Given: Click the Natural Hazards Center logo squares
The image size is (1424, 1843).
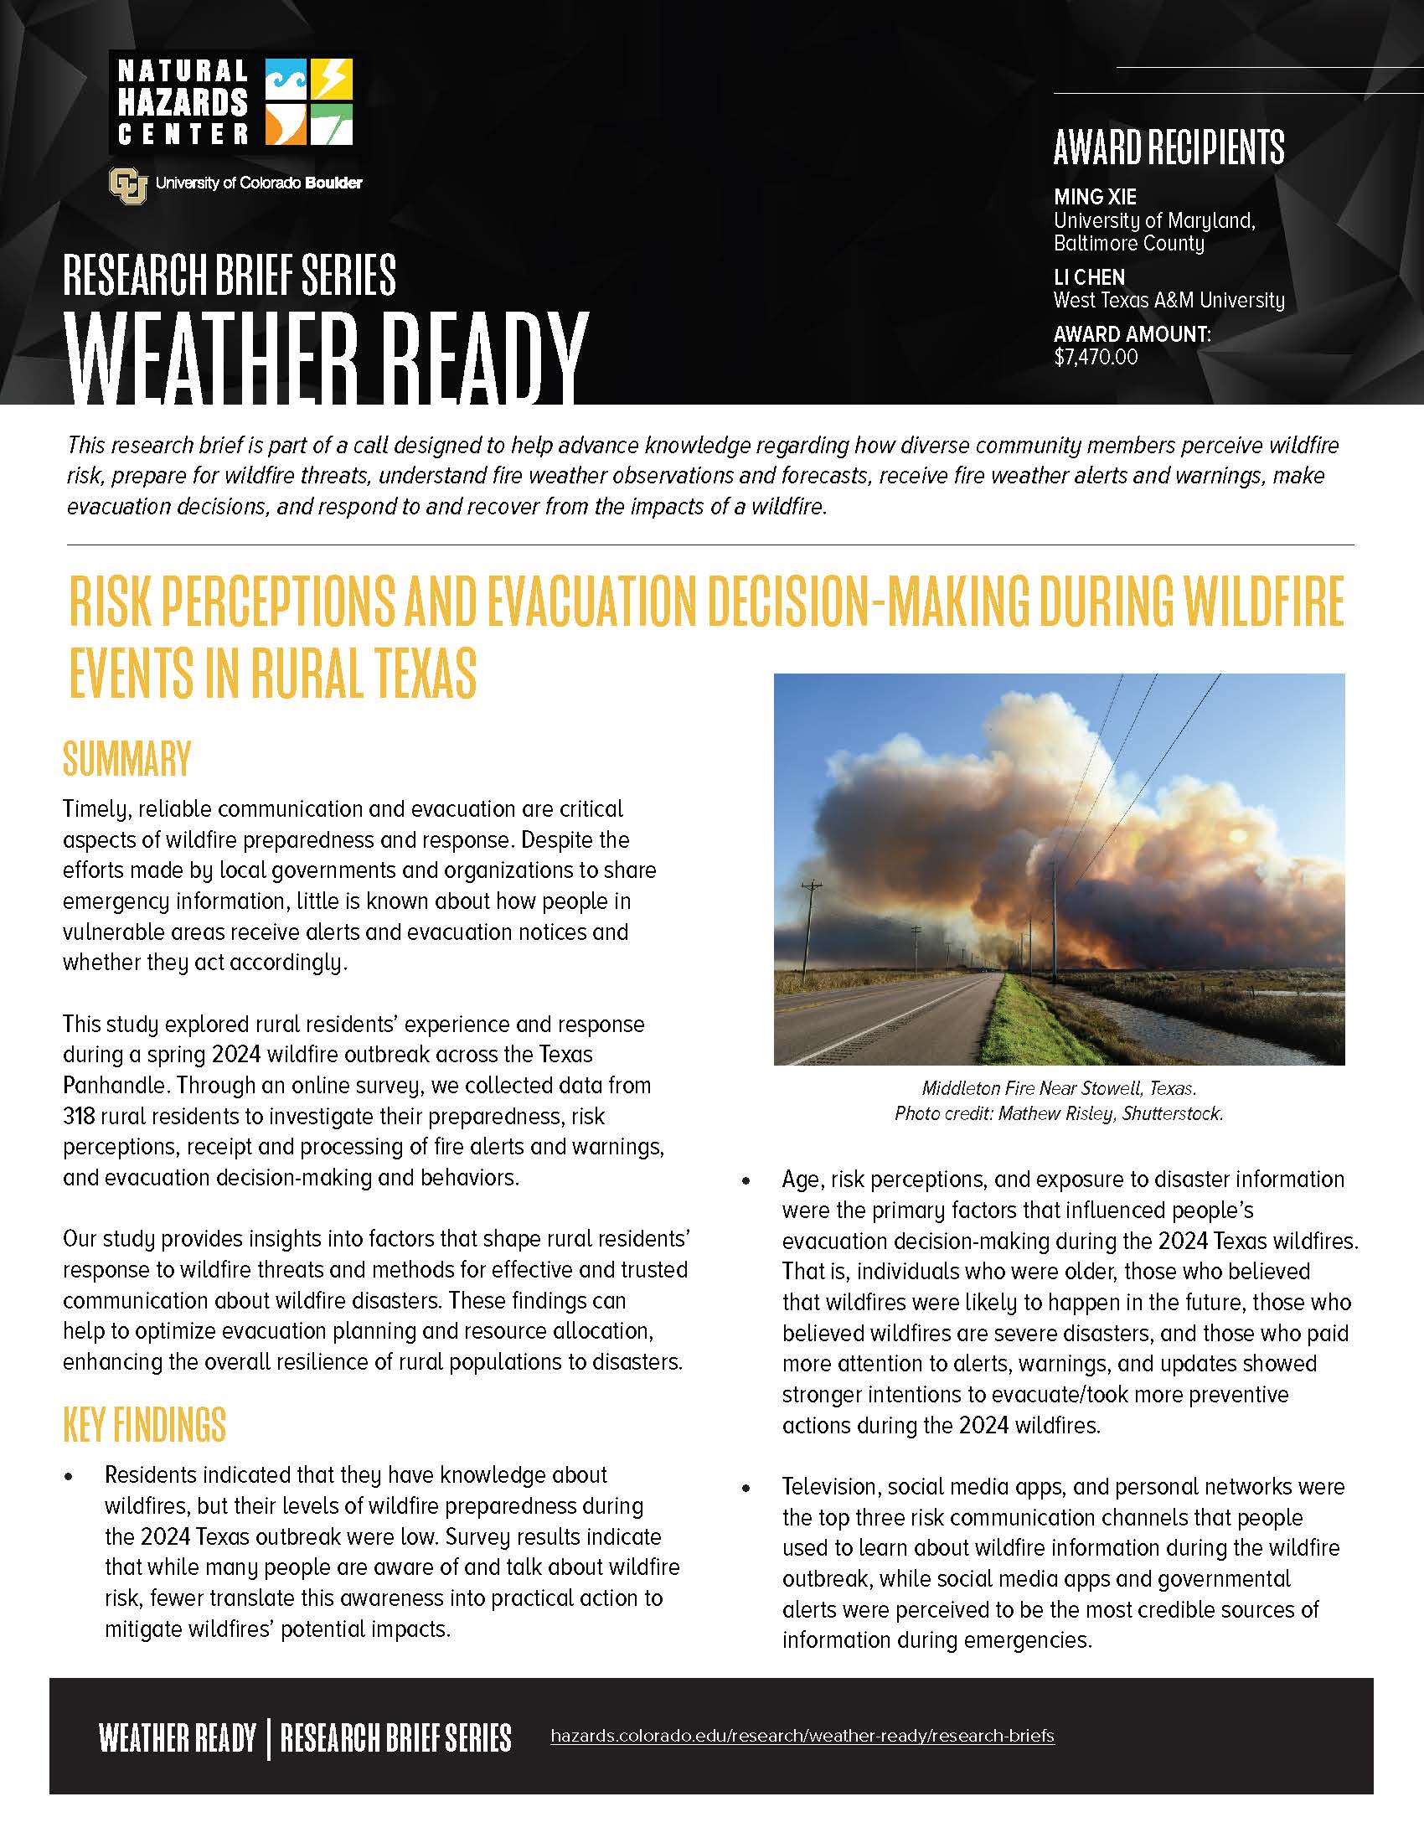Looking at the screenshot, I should (x=309, y=101).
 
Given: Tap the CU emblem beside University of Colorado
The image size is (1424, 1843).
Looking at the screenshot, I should (x=128, y=183).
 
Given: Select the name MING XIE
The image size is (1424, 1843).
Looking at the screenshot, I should (x=1095, y=197).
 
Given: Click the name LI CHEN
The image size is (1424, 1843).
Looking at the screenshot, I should (x=1089, y=276).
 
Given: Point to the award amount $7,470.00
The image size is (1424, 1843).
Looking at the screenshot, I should (x=1096, y=357).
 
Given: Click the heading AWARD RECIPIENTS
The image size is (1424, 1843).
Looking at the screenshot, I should (x=1169, y=147).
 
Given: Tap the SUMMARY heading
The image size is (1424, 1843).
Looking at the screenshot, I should (x=127, y=758).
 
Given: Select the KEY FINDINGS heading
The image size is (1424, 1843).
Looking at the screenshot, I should (x=144, y=1425).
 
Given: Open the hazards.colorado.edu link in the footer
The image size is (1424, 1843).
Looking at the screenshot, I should (x=802, y=1736).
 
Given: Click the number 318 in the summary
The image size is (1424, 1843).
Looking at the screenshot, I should (x=79, y=1116).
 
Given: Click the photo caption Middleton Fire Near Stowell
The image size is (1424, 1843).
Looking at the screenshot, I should (x=1059, y=1087).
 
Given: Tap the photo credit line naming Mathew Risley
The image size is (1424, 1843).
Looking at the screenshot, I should (x=1059, y=1113).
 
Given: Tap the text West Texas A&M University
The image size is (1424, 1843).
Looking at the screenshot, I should (x=1169, y=300).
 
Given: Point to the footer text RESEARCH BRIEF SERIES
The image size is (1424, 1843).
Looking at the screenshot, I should (x=395, y=1737).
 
